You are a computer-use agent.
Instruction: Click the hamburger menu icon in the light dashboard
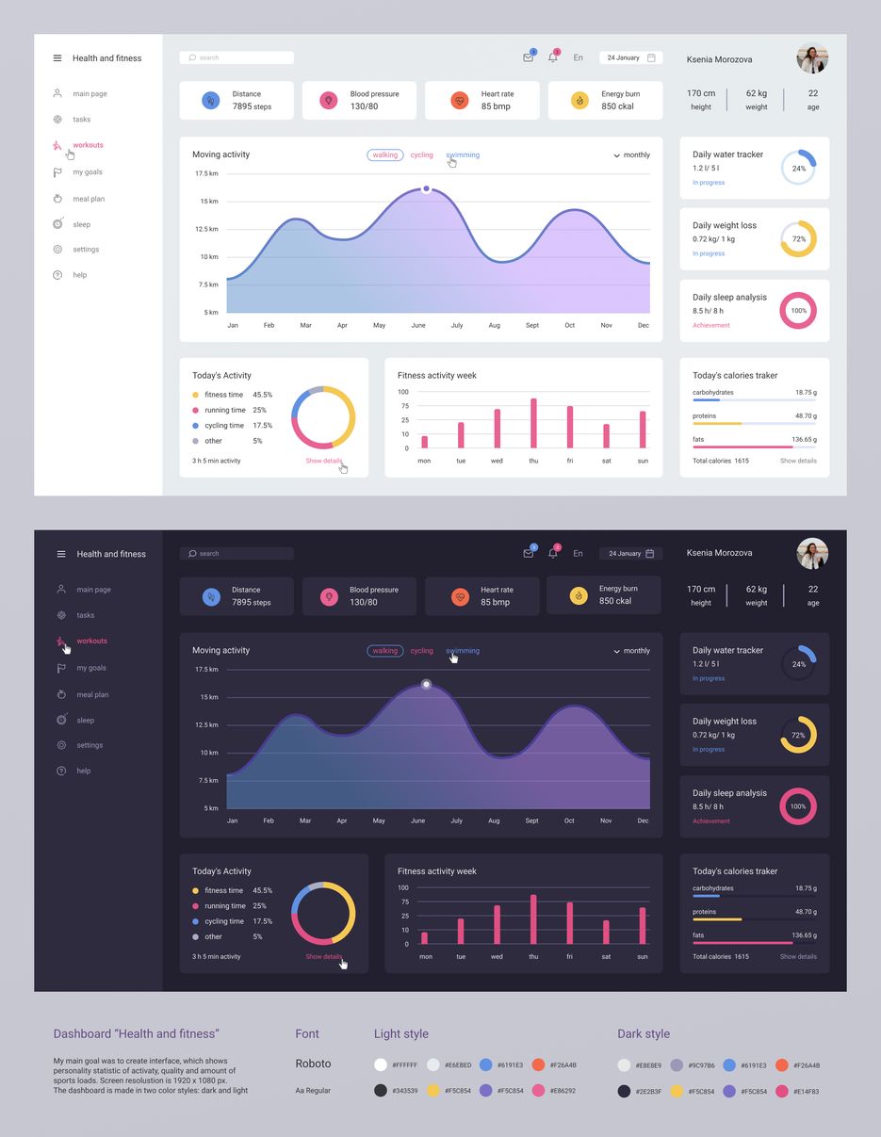click(57, 58)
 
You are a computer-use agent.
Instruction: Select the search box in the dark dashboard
click(237, 554)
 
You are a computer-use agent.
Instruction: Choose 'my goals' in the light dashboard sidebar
click(88, 172)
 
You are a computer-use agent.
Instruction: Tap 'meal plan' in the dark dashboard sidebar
click(92, 695)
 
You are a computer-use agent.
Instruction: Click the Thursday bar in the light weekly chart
click(533, 423)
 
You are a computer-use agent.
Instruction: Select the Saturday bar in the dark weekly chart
click(606, 932)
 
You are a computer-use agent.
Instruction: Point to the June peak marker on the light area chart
click(426, 189)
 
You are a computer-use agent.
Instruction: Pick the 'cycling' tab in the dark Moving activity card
click(422, 651)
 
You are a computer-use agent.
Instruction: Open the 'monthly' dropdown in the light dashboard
click(631, 155)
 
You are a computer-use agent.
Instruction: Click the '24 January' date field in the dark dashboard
click(630, 554)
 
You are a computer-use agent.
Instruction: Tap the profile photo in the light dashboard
click(811, 58)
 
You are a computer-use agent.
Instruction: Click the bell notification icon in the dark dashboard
click(553, 553)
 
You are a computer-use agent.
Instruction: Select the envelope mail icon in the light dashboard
click(528, 57)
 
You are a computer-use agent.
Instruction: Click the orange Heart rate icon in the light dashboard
click(460, 100)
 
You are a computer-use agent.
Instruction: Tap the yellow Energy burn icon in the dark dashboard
click(579, 595)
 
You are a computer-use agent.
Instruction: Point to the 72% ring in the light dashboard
click(798, 239)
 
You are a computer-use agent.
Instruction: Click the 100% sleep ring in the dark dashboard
click(798, 806)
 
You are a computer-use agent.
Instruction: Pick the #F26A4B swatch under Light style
click(539, 1064)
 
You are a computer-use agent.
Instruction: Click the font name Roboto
click(313, 1064)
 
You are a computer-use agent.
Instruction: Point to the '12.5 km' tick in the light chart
click(206, 229)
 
